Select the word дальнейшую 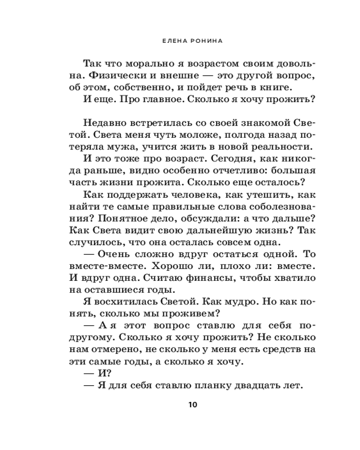(209, 229)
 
